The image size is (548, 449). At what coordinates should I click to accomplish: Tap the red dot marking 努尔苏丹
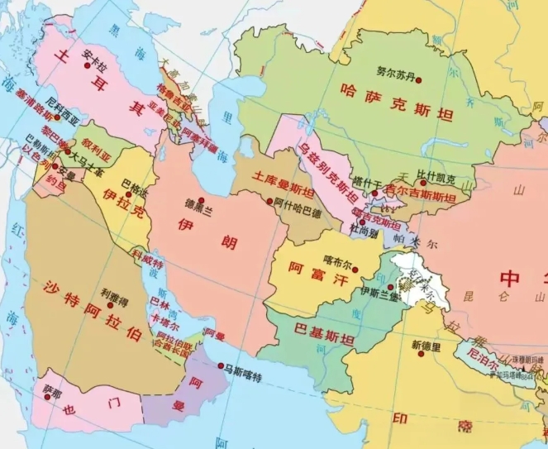click(x=419, y=80)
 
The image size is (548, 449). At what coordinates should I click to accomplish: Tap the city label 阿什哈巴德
click(x=297, y=203)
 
